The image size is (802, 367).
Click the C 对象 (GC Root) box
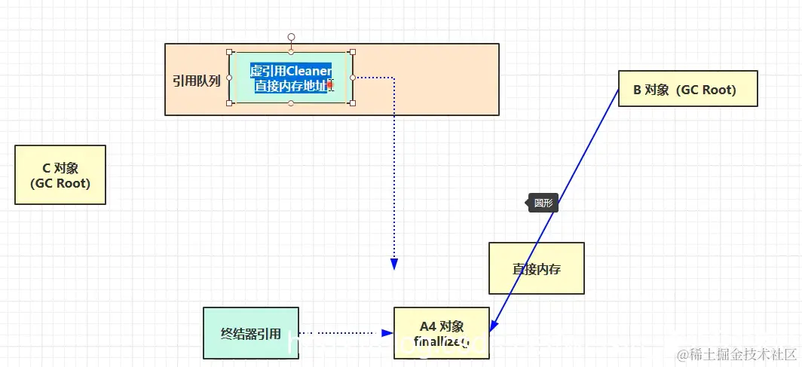(x=60, y=175)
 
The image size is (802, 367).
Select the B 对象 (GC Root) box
(x=687, y=89)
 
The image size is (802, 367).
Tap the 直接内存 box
(x=536, y=268)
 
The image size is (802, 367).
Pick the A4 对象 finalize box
(x=442, y=333)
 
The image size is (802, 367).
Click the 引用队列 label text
(x=196, y=81)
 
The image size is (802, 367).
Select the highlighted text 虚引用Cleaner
(x=291, y=71)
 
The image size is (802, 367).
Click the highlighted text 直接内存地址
(x=289, y=86)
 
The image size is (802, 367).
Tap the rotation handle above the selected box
(x=292, y=36)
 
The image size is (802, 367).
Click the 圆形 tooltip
(x=543, y=203)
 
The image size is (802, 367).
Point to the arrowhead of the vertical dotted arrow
(x=393, y=264)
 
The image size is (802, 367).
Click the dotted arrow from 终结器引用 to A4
(x=343, y=332)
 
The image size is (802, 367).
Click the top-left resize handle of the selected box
(x=230, y=52)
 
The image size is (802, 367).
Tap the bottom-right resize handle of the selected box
(x=353, y=102)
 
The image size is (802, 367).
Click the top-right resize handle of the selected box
(x=353, y=52)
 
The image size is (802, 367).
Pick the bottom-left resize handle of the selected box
(x=230, y=102)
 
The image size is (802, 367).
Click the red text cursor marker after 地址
(x=330, y=85)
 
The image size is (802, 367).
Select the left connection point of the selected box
(x=230, y=77)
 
